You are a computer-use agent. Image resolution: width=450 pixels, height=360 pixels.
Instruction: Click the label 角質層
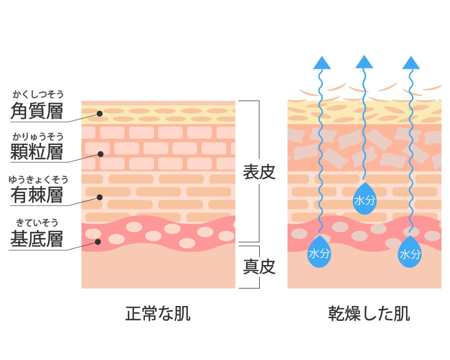click(x=36, y=111)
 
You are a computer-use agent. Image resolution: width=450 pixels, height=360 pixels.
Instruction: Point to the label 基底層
click(x=36, y=238)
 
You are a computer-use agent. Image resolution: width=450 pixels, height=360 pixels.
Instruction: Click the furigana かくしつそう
click(x=38, y=94)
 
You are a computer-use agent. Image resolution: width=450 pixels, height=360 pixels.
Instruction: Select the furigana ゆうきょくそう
click(x=38, y=180)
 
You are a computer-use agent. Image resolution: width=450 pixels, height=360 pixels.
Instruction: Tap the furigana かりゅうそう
click(x=38, y=136)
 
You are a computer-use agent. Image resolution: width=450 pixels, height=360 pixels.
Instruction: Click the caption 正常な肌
click(x=157, y=314)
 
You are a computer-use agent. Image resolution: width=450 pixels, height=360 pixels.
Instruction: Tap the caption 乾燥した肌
click(x=369, y=314)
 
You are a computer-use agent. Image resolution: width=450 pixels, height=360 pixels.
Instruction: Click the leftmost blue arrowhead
click(x=321, y=63)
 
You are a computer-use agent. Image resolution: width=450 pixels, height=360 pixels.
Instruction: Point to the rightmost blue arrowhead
click(x=411, y=63)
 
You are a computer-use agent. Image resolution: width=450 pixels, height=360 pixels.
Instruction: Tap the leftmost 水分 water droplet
click(x=319, y=252)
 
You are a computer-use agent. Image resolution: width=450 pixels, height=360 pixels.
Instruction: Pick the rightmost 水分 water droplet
click(x=410, y=253)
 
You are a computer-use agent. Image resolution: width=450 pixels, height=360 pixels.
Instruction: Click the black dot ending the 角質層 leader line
click(x=100, y=113)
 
